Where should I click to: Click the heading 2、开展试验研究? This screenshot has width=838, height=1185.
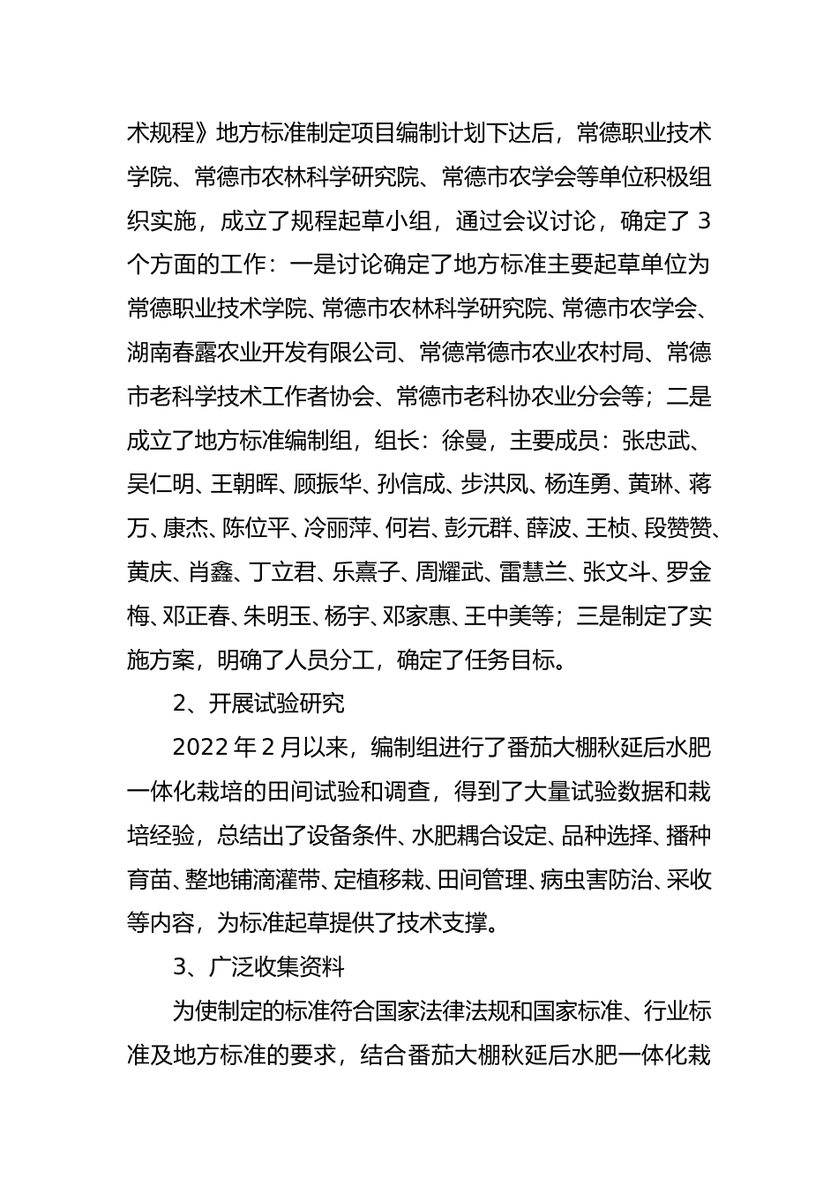pyautogui.click(x=258, y=704)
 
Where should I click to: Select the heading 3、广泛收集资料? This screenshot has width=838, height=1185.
pyautogui.click(x=258, y=967)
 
